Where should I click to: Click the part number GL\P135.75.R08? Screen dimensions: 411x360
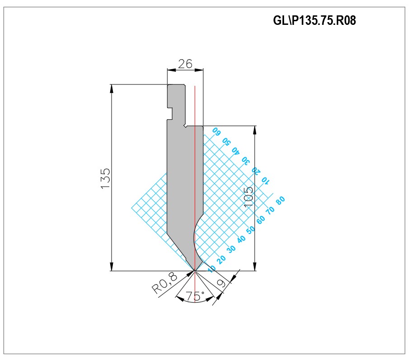point(314,20)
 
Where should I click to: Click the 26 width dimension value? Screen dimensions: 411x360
point(185,64)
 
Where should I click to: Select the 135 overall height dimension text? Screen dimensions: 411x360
point(105,178)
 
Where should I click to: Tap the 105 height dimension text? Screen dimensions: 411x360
point(248,196)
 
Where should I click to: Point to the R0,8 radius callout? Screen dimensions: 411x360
point(165,283)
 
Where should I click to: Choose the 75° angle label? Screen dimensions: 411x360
point(195,296)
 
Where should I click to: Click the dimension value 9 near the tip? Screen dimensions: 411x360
point(221,283)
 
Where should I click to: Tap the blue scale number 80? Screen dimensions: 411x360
point(280,201)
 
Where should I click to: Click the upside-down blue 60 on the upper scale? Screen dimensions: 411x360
point(216,131)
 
